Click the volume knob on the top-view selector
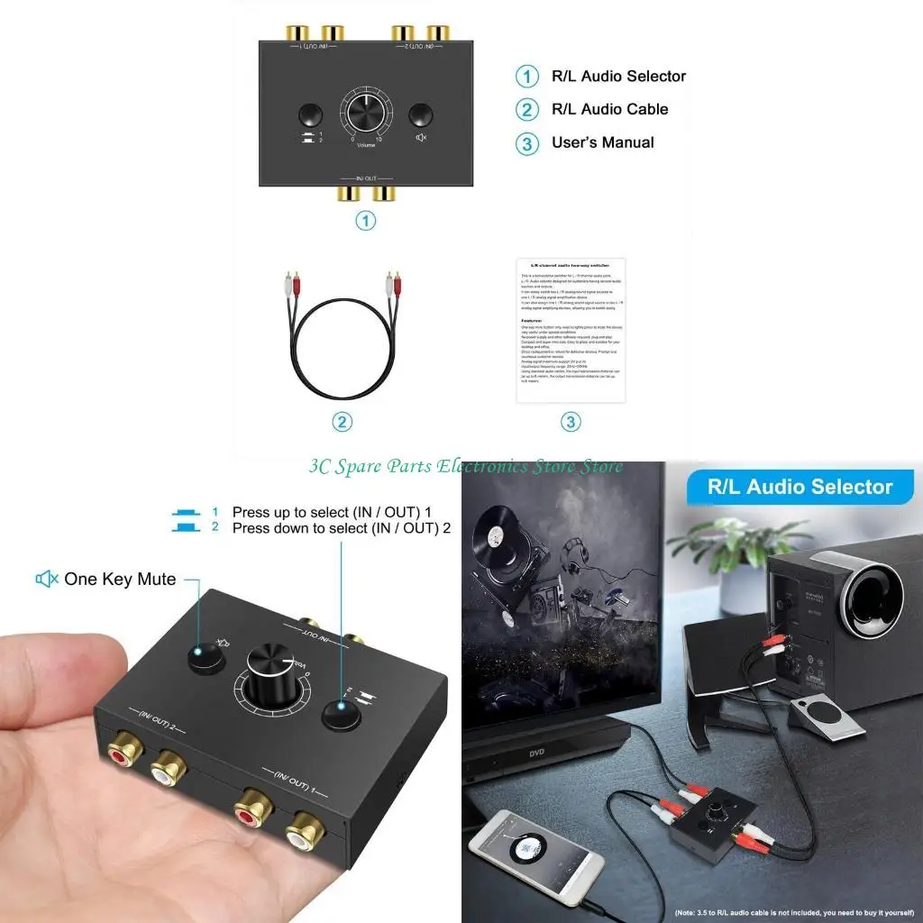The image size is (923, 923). coord(365,116)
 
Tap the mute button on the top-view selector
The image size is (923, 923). coord(420,115)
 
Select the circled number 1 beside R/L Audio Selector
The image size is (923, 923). coord(527,77)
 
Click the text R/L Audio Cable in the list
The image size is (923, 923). coord(609,109)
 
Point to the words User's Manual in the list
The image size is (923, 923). coord(602,142)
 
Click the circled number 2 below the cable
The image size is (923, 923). coord(342,422)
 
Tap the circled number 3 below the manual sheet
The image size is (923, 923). coord(571,422)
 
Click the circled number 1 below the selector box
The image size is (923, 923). coord(365,220)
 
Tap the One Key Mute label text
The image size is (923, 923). coord(120,579)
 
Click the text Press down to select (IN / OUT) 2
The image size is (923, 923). coord(341,528)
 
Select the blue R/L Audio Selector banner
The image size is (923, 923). coord(800,488)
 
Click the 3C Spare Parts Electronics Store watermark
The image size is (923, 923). coord(465,466)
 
